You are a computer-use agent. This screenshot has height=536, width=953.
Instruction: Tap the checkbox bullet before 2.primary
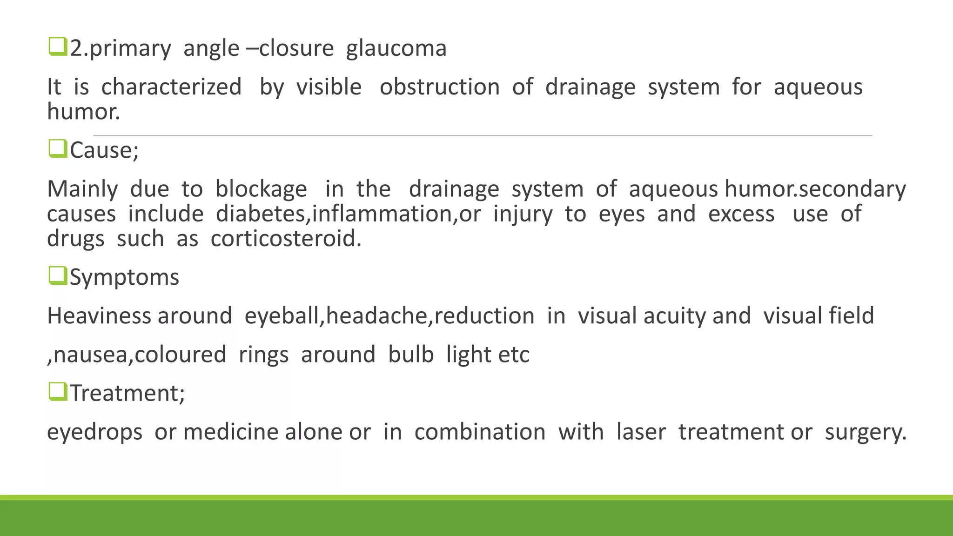pyautogui.click(x=58, y=47)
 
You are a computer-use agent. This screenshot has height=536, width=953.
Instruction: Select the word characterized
pyautogui.click(x=171, y=87)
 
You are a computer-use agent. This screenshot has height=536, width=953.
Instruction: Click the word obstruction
pyautogui.click(x=439, y=87)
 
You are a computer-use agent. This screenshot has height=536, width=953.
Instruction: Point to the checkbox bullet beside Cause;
pyautogui.click(x=58, y=149)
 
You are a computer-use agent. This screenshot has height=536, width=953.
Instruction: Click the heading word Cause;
pyautogui.click(x=104, y=150)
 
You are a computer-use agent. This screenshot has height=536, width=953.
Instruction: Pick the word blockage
pyautogui.click(x=261, y=189)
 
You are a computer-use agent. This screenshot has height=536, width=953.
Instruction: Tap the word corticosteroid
pyautogui.click(x=286, y=239)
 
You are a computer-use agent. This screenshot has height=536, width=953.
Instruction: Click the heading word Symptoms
pyautogui.click(x=124, y=278)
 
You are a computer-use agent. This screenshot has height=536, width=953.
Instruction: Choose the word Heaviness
pyautogui.click(x=99, y=316)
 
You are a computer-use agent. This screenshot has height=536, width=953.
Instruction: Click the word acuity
pyautogui.click(x=674, y=316)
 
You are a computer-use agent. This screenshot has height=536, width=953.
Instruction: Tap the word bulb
pyautogui.click(x=411, y=355)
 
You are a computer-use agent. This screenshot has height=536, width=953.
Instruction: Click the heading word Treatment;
pyautogui.click(x=127, y=393)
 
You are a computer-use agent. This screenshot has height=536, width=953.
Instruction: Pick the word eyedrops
pyautogui.click(x=94, y=432)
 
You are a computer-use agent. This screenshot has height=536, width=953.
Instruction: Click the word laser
pyautogui.click(x=641, y=432)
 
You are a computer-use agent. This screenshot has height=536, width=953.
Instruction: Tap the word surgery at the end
pyautogui.click(x=866, y=432)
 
